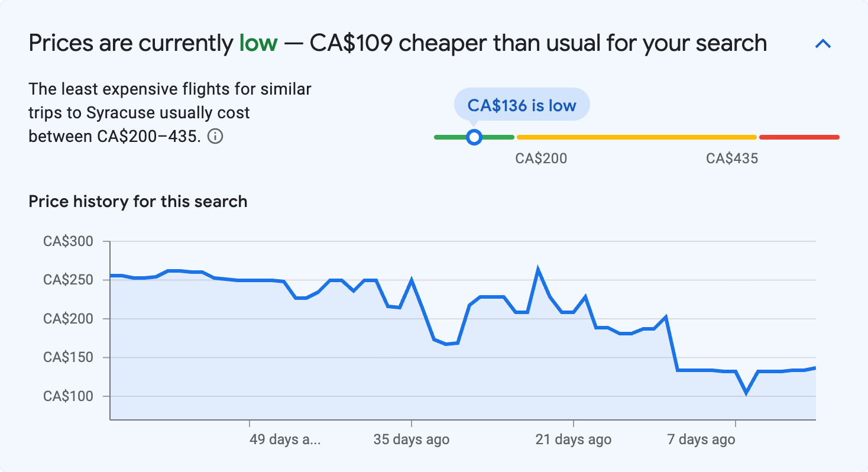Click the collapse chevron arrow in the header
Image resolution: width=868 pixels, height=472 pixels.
point(823,44)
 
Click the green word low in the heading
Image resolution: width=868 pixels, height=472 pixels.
point(258,43)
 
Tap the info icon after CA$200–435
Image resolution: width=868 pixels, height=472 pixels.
point(216,137)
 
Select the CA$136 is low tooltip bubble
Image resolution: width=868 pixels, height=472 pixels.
point(522,105)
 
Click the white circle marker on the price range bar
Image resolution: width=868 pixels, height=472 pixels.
point(474,137)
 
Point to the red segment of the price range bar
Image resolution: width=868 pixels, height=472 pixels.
point(799,137)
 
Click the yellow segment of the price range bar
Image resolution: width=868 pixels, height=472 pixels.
point(636,137)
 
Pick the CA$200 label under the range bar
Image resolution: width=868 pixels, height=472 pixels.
point(541,159)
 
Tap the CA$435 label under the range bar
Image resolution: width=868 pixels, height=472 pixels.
point(732,159)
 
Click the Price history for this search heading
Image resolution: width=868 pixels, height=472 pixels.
point(138,202)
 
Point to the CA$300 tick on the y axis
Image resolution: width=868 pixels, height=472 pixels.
point(69,241)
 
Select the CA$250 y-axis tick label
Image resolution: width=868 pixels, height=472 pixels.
point(69,280)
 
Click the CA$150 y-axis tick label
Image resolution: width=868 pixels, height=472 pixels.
point(69,358)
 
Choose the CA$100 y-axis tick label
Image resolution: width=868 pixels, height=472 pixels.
point(69,396)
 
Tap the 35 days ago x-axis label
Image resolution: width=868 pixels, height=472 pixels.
point(412,440)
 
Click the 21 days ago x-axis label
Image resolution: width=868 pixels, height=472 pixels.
point(573,440)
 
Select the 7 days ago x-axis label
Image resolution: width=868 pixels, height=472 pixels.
point(701,440)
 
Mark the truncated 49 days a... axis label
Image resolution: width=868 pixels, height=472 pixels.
point(286,440)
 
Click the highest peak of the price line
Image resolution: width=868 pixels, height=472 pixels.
point(538,270)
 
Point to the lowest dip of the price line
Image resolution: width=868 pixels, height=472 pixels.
point(747,392)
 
